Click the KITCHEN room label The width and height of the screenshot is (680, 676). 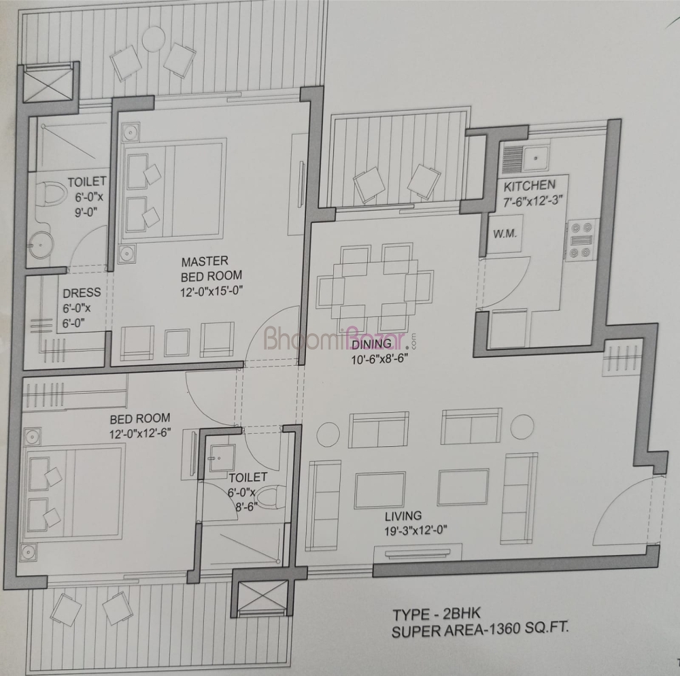pyautogui.click(x=529, y=185)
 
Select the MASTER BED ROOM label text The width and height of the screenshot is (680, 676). pyautogui.click(x=211, y=269)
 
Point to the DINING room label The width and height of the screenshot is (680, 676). pyautogui.click(x=371, y=344)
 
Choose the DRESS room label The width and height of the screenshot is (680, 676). pyautogui.click(x=82, y=293)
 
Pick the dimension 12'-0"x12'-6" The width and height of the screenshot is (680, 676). pyautogui.click(x=141, y=433)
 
